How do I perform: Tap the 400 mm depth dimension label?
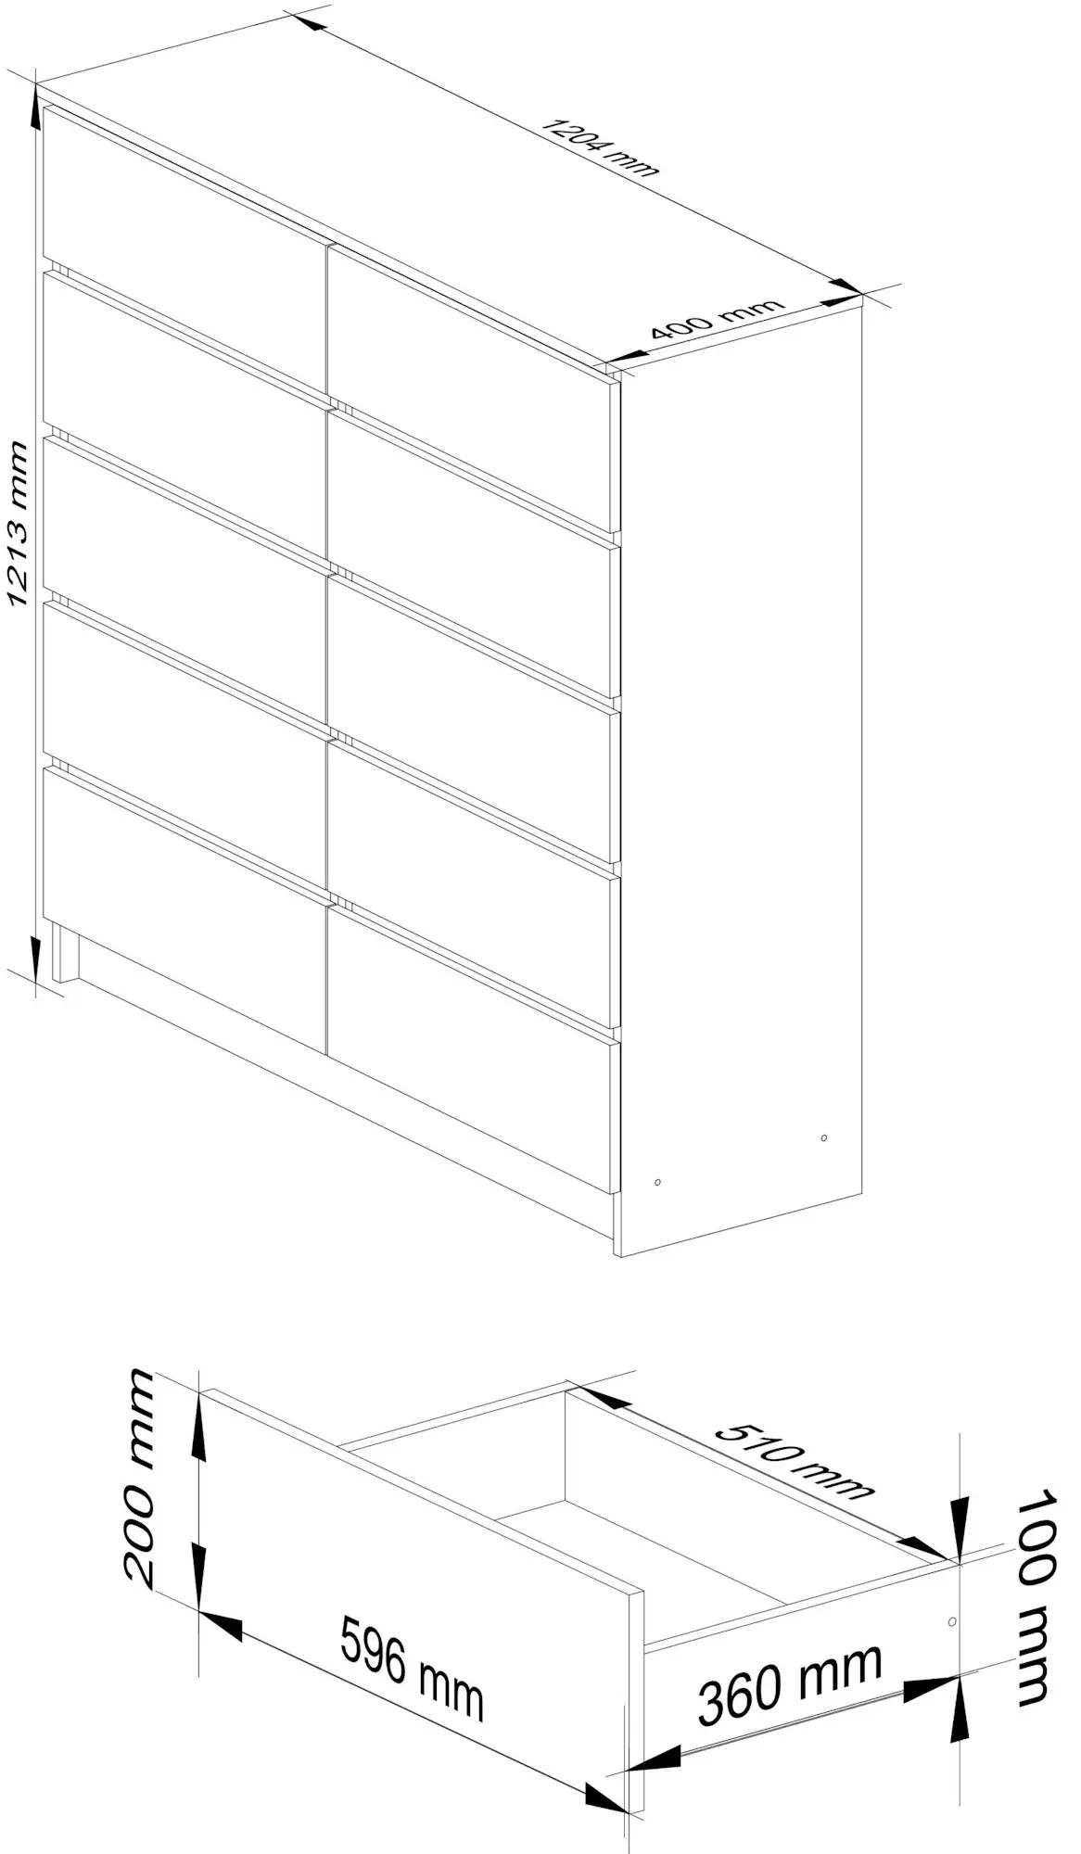coord(717,319)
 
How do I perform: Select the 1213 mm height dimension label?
coord(19,524)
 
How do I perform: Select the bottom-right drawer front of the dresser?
coord(474,1048)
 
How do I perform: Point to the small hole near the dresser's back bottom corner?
coord(824,1137)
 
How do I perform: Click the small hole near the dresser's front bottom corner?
coord(657,1182)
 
